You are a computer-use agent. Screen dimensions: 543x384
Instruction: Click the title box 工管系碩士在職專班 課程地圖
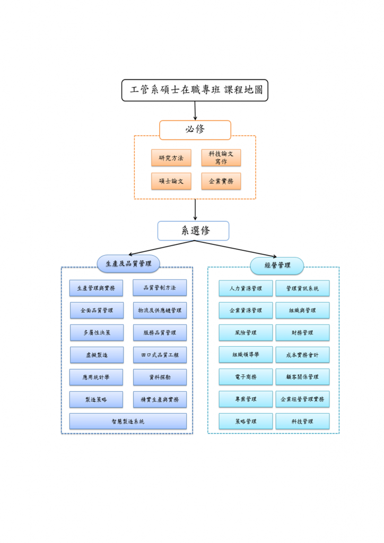[x=195, y=90]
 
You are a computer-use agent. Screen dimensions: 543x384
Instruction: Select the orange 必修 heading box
[x=195, y=129]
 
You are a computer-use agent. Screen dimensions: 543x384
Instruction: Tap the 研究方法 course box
[x=171, y=158]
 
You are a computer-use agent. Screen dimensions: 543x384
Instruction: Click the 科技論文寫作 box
[x=221, y=157]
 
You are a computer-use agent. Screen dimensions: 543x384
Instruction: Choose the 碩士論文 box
[x=171, y=181]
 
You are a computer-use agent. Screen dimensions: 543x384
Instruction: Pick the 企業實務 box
[x=221, y=181]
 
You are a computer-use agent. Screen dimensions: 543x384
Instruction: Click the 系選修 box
[x=193, y=231]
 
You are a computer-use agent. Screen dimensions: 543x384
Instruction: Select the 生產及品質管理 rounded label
[x=128, y=263]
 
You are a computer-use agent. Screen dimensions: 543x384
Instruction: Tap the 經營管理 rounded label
[x=277, y=266]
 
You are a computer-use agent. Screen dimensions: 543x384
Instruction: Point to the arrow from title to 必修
[x=195, y=110]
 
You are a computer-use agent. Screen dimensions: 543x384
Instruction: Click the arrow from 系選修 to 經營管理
[x=236, y=249]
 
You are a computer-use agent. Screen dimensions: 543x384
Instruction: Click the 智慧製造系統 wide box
[x=128, y=422]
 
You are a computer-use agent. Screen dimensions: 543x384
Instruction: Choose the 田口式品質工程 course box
[x=160, y=355]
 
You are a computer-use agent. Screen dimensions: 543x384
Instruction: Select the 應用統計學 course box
[x=96, y=378]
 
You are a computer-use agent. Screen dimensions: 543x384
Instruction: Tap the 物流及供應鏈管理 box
[x=160, y=310]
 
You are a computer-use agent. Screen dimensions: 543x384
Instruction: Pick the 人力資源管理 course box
[x=246, y=288]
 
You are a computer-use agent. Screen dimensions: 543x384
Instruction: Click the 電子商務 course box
[x=246, y=377]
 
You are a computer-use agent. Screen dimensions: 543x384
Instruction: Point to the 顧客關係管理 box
[x=302, y=377]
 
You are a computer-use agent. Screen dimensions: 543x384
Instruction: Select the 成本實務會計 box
[x=302, y=355]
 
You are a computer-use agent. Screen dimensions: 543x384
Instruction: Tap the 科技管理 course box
[x=302, y=422]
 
